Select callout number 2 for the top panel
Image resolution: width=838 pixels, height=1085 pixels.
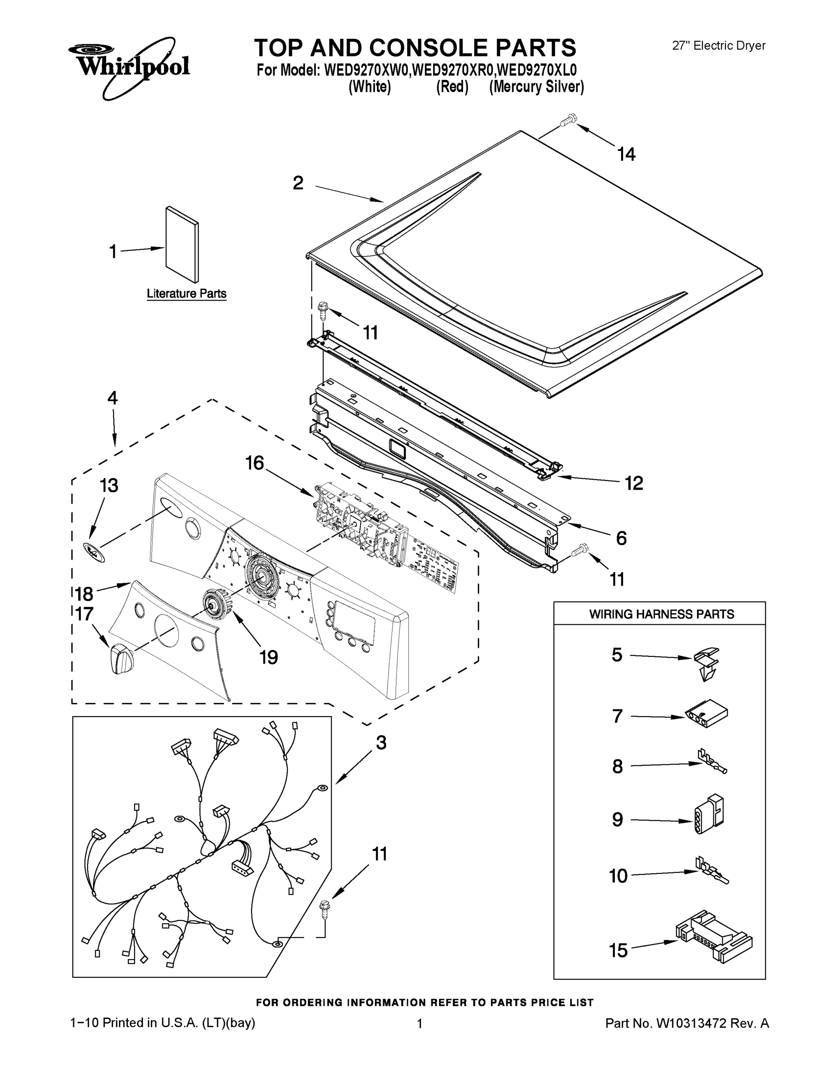[298, 183]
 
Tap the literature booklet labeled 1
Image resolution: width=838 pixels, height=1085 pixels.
[181, 244]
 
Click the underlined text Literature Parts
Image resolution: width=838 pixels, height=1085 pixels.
[187, 293]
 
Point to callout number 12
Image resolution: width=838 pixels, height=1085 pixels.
[634, 482]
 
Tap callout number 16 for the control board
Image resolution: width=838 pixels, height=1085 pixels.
[255, 463]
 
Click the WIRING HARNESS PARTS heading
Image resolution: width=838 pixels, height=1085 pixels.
[661, 614]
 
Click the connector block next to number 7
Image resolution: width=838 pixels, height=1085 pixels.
[707, 714]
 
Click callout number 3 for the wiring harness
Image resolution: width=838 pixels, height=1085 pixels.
[381, 742]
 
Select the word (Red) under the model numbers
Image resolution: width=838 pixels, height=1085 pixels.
[452, 87]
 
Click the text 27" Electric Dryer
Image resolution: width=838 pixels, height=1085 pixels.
[718, 46]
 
